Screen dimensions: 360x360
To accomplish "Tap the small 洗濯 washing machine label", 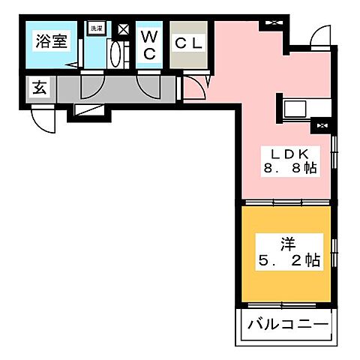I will click(x=95, y=28).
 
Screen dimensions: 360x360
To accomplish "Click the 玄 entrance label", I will click(x=37, y=87).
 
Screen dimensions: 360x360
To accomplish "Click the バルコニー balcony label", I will click(x=286, y=326).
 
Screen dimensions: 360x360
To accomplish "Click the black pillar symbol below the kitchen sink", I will click(x=323, y=126).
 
